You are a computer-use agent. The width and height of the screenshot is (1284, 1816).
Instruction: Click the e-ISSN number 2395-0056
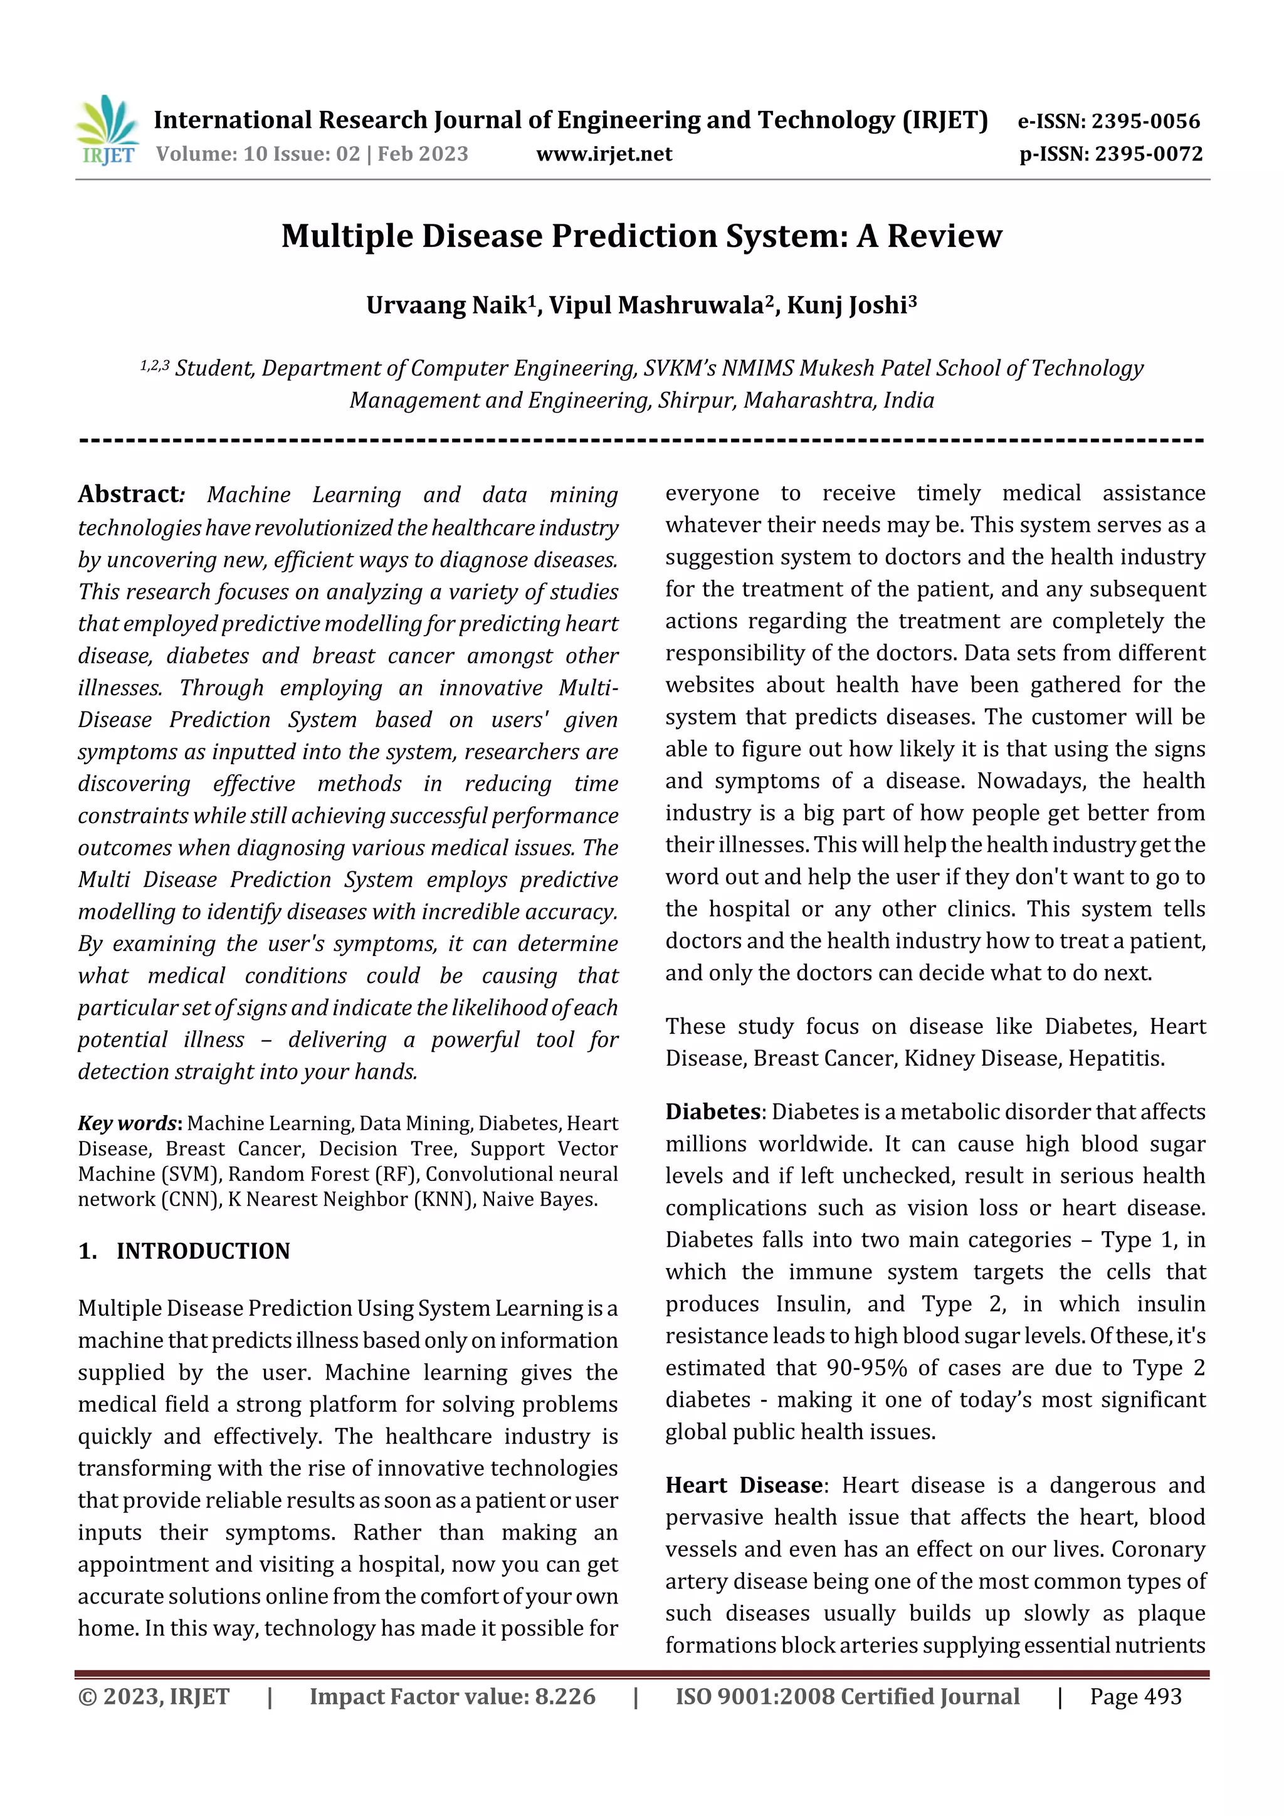[1145, 121]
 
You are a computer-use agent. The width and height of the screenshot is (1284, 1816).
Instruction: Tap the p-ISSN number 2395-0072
[1148, 154]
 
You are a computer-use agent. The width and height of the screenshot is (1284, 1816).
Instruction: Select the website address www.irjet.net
[604, 154]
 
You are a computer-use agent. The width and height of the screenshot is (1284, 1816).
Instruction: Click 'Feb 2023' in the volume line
[423, 154]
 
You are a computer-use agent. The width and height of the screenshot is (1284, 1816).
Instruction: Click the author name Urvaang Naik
[446, 305]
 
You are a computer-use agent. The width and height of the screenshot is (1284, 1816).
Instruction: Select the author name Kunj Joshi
[846, 305]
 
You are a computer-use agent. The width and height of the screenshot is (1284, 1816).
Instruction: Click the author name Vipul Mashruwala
[655, 305]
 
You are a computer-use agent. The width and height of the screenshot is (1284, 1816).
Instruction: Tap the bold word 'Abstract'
[129, 495]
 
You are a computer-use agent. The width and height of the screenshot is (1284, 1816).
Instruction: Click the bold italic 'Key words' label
[127, 1123]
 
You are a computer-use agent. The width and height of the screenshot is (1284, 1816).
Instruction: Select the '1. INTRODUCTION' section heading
[184, 1251]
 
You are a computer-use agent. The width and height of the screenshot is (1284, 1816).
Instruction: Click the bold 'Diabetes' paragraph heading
[712, 1111]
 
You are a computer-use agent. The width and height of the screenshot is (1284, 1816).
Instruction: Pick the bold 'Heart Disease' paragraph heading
[744, 1484]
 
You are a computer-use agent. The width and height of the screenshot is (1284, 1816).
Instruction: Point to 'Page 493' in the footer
[1135, 1696]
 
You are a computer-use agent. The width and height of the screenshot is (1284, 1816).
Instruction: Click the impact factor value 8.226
[565, 1696]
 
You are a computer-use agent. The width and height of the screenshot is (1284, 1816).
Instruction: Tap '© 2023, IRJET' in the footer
[154, 1696]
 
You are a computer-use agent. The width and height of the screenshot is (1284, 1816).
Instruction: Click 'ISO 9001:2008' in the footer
[753, 1696]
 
